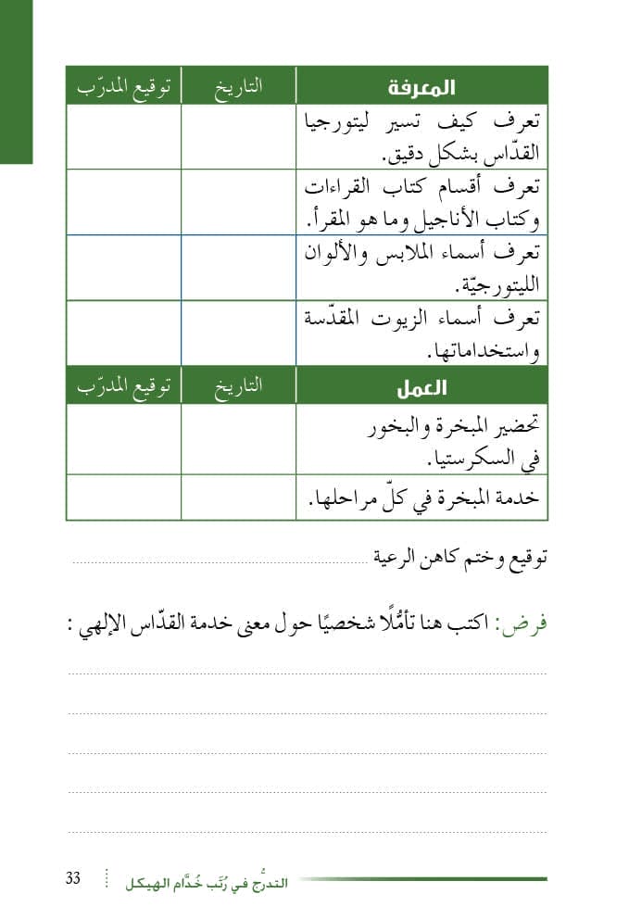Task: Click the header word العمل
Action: point(421,388)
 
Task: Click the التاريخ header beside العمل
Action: point(239,387)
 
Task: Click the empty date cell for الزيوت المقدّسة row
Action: point(238,333)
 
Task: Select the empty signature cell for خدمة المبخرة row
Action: point(123,497)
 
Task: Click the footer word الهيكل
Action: point(153,883)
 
